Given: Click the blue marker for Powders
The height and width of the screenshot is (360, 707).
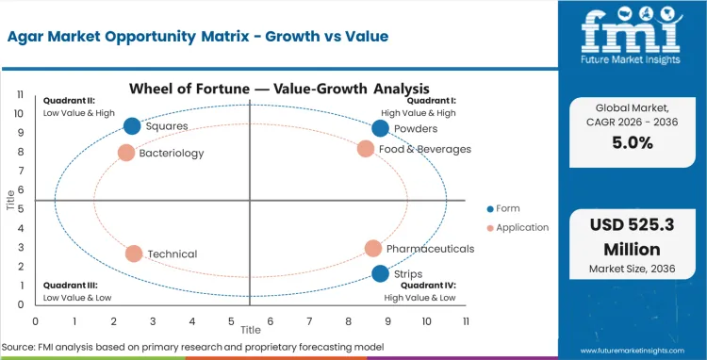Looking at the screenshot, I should pos(380,128).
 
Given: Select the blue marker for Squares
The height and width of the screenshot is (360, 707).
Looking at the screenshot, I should pos(132,126).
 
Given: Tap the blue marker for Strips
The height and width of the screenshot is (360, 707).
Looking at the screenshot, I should pos(380,273).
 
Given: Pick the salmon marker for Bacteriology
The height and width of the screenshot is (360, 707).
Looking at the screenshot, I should pos(126,153).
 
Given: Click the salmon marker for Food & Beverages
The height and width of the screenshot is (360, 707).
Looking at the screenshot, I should pos(366,148).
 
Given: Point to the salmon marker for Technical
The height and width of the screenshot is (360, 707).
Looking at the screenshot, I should pos(134,254).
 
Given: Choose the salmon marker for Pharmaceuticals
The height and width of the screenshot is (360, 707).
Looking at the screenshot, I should pos(373,249).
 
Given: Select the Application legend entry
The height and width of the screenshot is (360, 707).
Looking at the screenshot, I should pos(518,228).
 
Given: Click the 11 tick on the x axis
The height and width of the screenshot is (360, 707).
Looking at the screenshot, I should pos(466,320).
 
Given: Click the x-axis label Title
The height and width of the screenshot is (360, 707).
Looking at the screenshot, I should pos(250,330).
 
